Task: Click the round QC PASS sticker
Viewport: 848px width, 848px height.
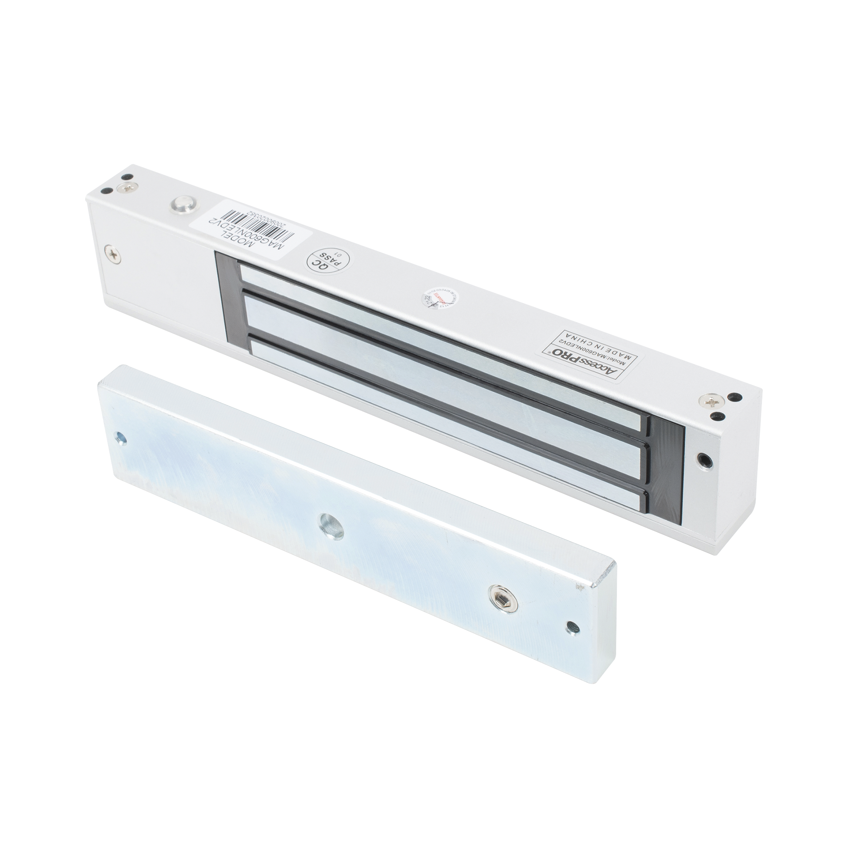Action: click(325, 262)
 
